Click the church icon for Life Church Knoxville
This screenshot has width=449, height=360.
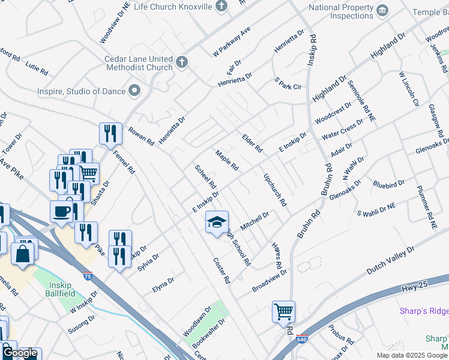click(222, 7)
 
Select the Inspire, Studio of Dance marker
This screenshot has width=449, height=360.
click(134, 91)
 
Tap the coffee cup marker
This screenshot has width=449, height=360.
click(62, 211)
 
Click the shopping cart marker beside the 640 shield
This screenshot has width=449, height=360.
click(283, 311)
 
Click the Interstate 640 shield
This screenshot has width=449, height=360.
click(301, 340)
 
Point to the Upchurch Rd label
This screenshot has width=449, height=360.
click(276, 190)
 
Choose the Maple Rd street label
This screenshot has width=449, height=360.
click(228, 160)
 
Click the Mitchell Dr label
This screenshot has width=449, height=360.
click(255, 221)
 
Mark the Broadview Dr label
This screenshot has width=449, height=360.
click(270, 280)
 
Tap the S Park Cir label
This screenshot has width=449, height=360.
click(288, 83)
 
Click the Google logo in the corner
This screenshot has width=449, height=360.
click(20, 353)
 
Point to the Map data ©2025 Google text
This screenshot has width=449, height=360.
click(412, 355)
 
